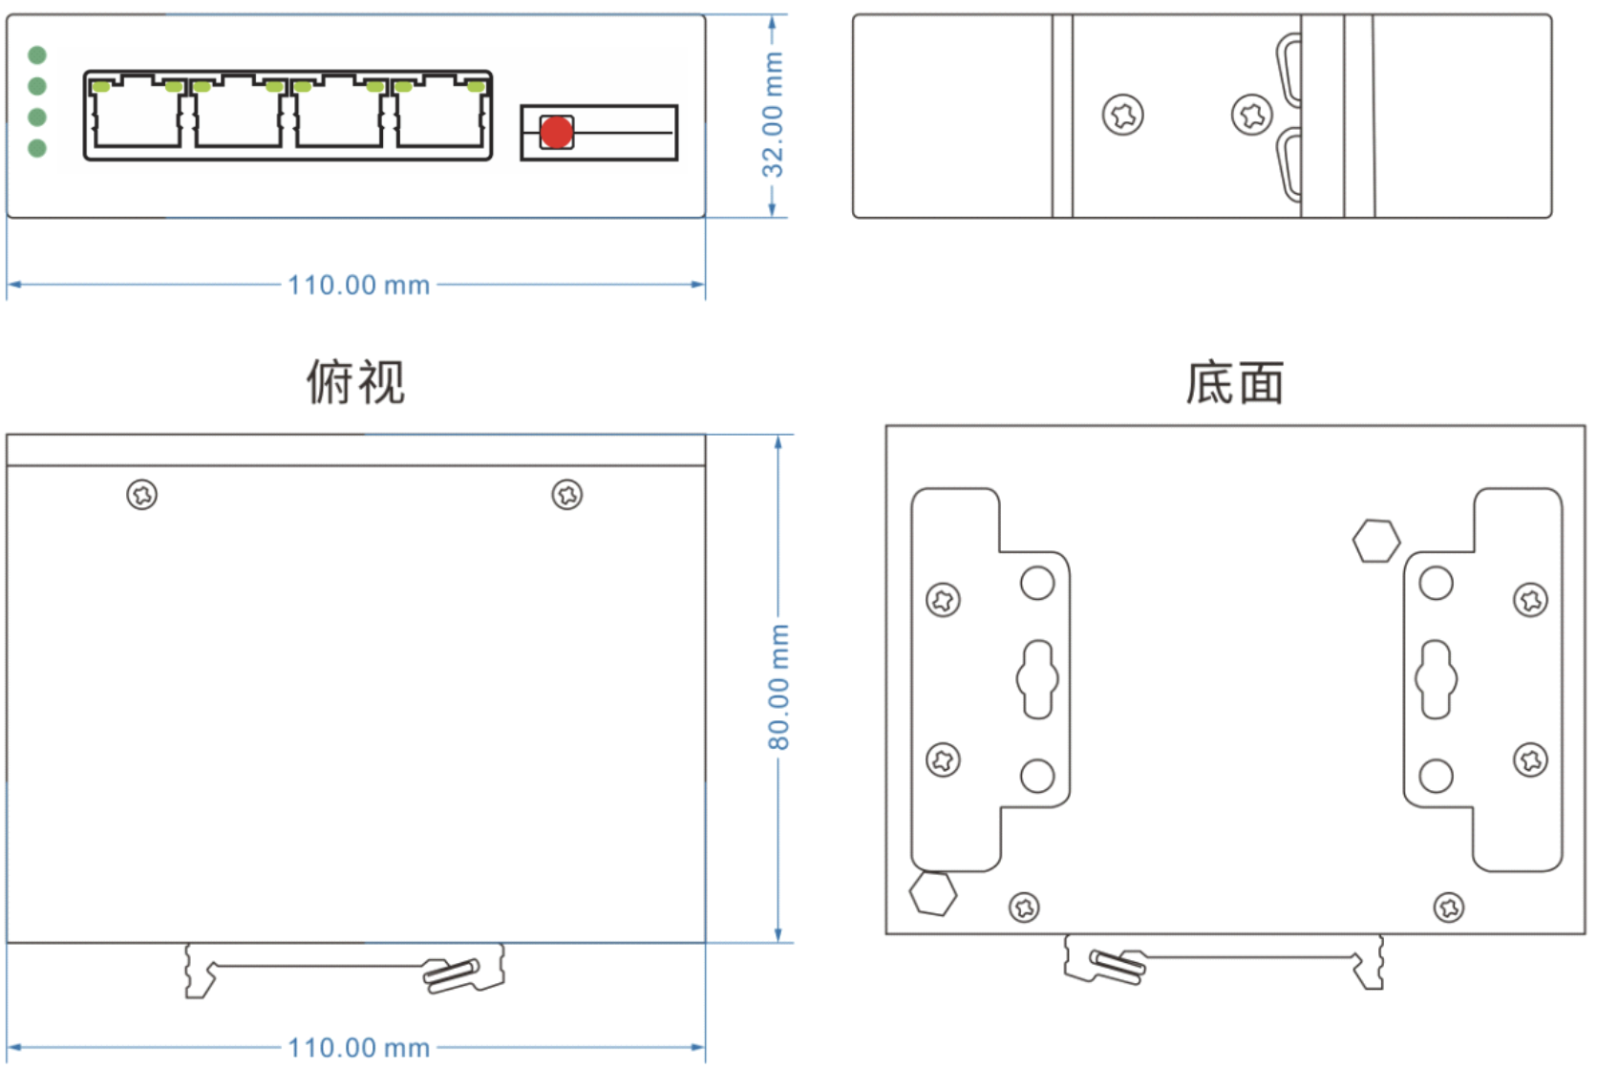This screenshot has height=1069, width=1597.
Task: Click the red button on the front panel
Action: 557,132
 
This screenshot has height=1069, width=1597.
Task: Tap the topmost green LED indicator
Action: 37,54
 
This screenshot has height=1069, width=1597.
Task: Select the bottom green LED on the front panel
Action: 37,148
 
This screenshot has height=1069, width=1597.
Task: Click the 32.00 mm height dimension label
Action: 773,115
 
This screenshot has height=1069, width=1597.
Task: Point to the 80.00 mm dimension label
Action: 779,687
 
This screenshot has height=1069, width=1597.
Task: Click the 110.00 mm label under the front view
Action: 358,285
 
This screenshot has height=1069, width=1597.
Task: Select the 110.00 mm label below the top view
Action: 358,1047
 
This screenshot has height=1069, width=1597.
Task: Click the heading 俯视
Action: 355,382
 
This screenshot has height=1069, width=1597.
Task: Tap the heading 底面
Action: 1234,383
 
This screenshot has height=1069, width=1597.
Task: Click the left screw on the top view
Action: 142,495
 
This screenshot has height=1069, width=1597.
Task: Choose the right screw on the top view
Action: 567,495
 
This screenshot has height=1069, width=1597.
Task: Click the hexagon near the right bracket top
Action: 1376,541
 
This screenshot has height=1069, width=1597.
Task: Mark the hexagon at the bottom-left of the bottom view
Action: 932,893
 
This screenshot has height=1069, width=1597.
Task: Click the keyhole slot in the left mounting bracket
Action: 1037,679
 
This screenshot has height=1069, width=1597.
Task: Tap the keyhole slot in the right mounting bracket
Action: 1436,679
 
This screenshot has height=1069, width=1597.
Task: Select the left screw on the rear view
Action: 1122,116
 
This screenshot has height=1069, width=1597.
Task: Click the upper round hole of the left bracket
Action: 1037,583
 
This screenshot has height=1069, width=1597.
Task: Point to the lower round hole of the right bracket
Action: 1436,776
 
